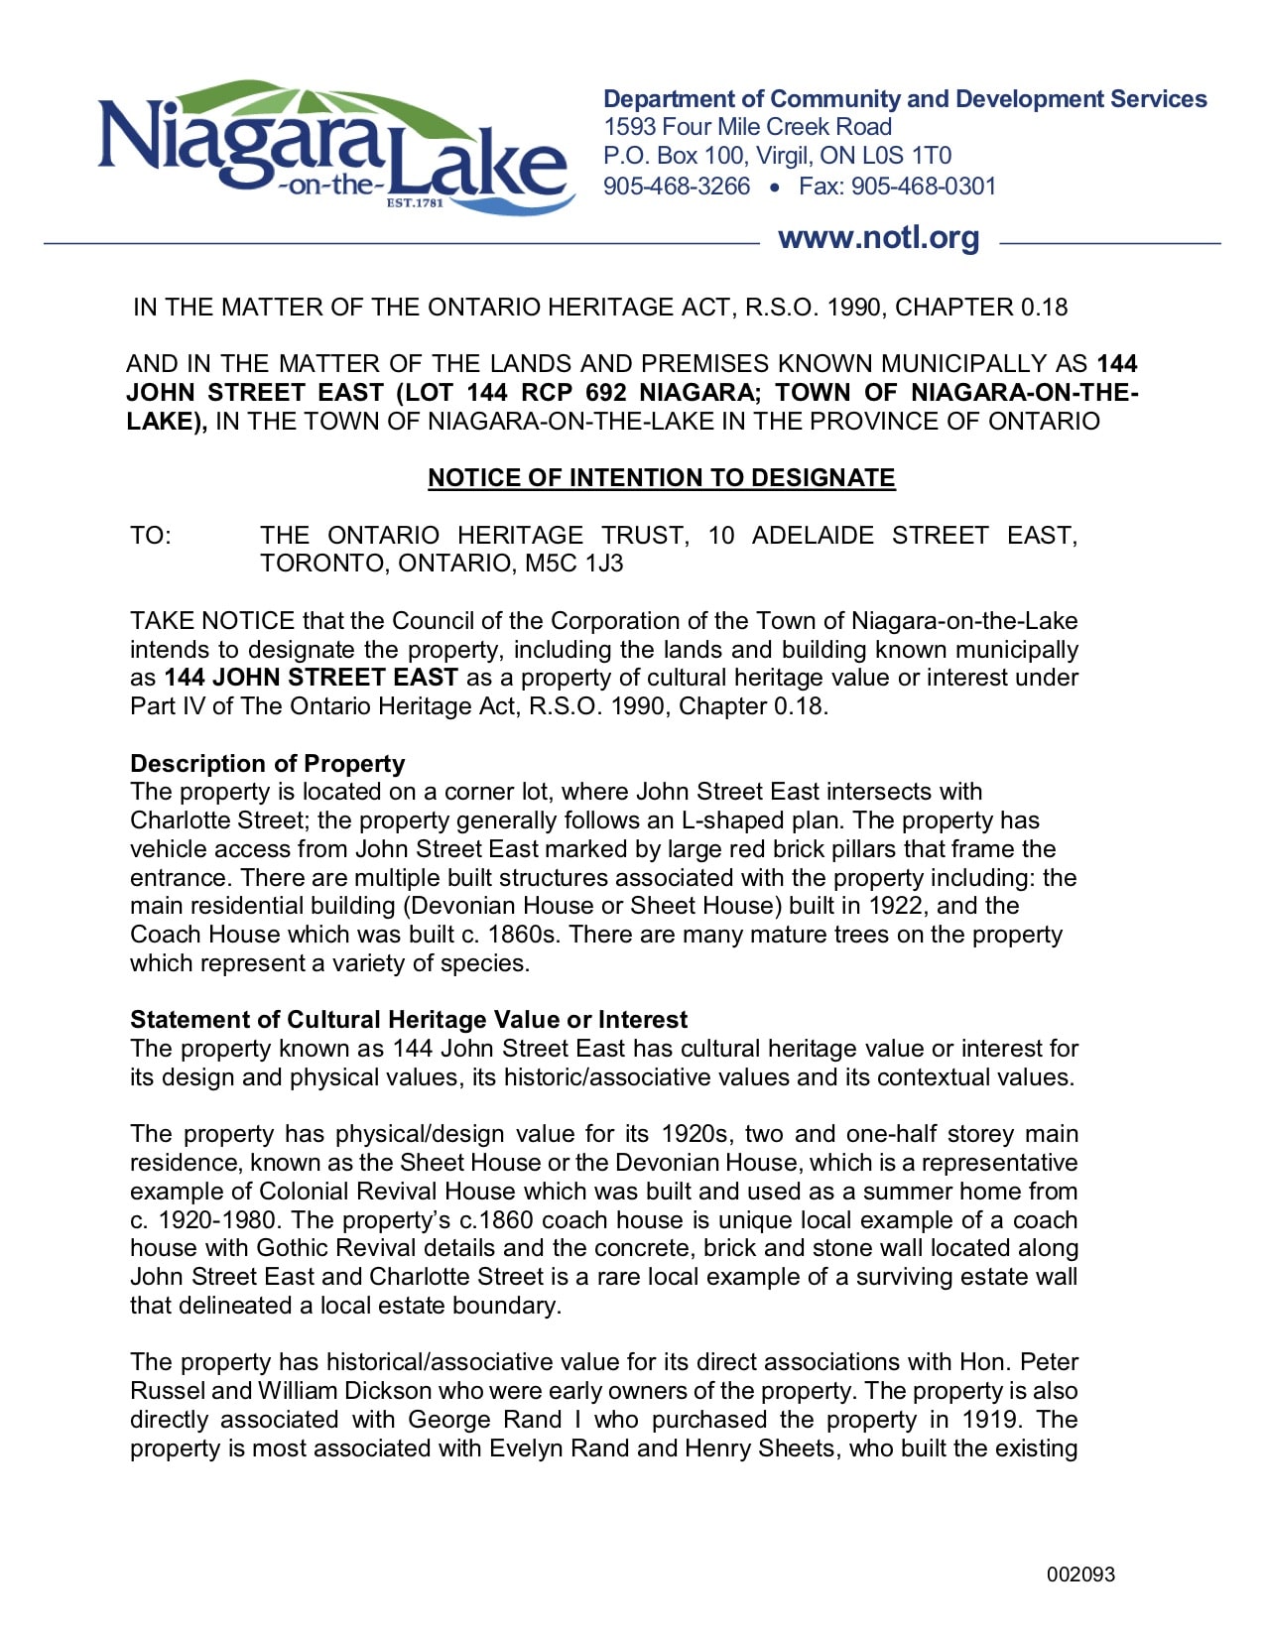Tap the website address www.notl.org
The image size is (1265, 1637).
coord(878,238)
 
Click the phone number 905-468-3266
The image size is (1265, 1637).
coord(677,187)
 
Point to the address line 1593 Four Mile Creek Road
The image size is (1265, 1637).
coord(747,127)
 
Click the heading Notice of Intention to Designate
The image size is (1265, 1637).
coord(661,478)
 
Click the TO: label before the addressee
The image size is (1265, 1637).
coord(151,536)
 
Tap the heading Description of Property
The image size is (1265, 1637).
coord(267,763)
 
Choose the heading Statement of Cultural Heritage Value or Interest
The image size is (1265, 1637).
coord(408,1020)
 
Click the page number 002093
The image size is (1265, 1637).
coord(1080,1574)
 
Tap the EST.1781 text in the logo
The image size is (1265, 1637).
coord(414,203)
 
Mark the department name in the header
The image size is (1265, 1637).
coord(904,99)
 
